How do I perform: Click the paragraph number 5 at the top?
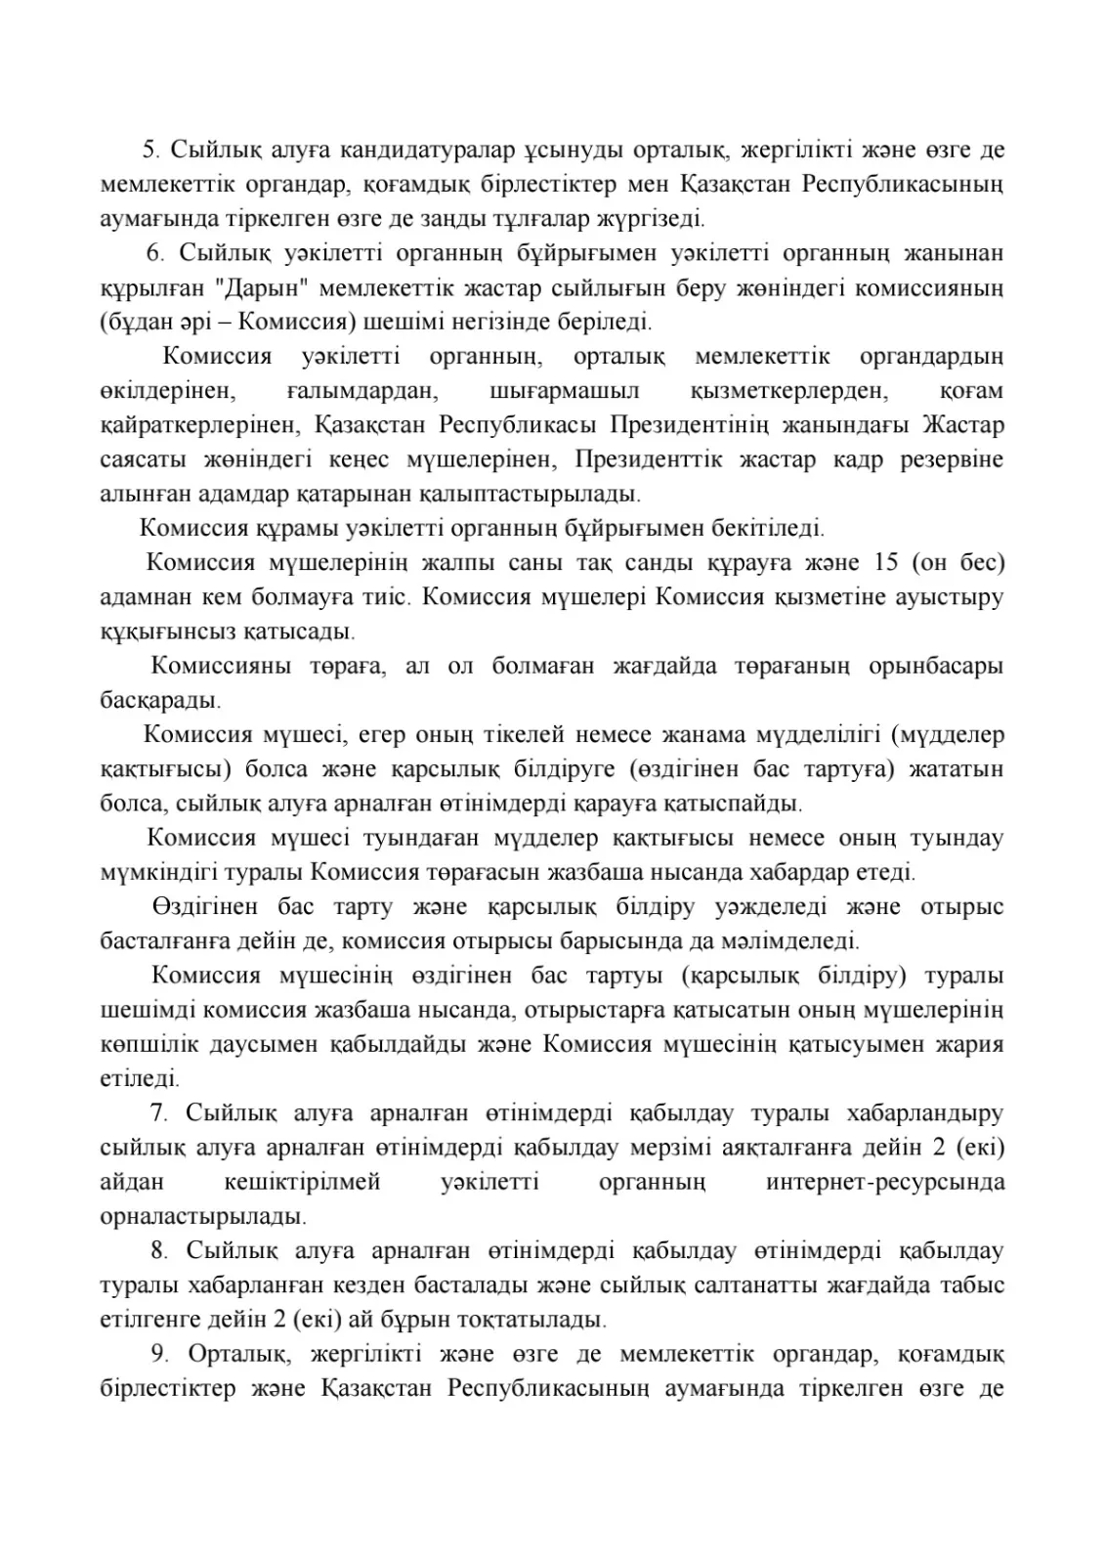[149, 150]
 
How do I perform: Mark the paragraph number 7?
[157, 1113]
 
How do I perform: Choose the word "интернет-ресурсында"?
[885, 1183]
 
